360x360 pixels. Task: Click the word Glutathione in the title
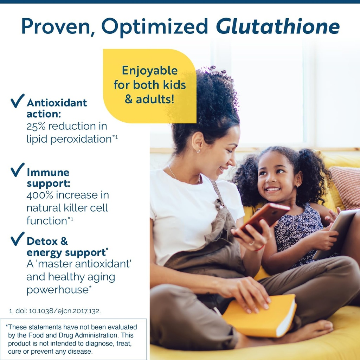pos(278,26)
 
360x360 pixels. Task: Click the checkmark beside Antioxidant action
pos(18,101)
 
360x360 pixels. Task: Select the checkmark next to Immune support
pos(18,170)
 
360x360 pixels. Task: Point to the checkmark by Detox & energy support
pos(18,239)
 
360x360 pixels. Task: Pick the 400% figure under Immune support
pos(41,195)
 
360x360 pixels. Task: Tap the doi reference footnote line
pos(55,311)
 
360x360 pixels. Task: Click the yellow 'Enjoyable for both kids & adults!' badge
pos(149,85)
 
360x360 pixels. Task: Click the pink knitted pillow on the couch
pos(346,186)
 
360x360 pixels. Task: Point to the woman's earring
pos(198,151)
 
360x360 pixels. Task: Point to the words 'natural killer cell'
pos(67,208)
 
